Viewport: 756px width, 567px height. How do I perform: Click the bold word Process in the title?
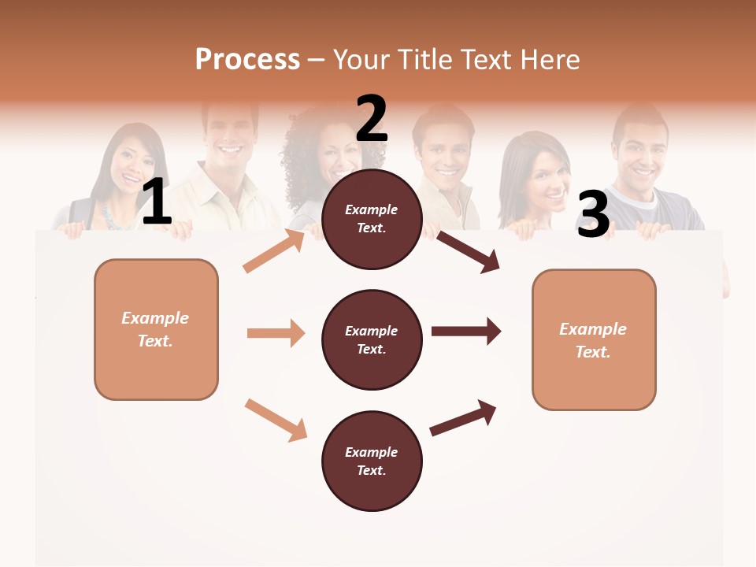tap(247, 60)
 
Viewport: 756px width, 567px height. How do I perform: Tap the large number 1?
tap(157, 202)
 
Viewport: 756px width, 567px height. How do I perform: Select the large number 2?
tap(372, 119)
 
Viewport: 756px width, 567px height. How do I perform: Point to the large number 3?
tap(593, 214)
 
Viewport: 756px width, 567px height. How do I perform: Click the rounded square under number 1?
tap(156, 329)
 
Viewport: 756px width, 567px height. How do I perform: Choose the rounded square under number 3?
tap(594, 339)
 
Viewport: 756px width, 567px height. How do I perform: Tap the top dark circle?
tap(372, 219)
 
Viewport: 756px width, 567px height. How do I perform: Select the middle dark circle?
tap(372, 339)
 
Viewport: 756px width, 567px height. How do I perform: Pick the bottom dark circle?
tap(372, 461)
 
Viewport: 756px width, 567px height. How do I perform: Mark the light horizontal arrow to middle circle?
tap(276, 333)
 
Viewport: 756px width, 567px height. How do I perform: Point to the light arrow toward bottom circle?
tap(276, 420)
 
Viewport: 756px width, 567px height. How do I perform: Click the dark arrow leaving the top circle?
tap(469, 251)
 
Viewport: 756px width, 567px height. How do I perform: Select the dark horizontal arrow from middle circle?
tap(466, 331)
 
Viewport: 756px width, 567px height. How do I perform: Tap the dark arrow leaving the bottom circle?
tap(463, 417)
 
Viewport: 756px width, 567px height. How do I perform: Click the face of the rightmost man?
tap(639, 157)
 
